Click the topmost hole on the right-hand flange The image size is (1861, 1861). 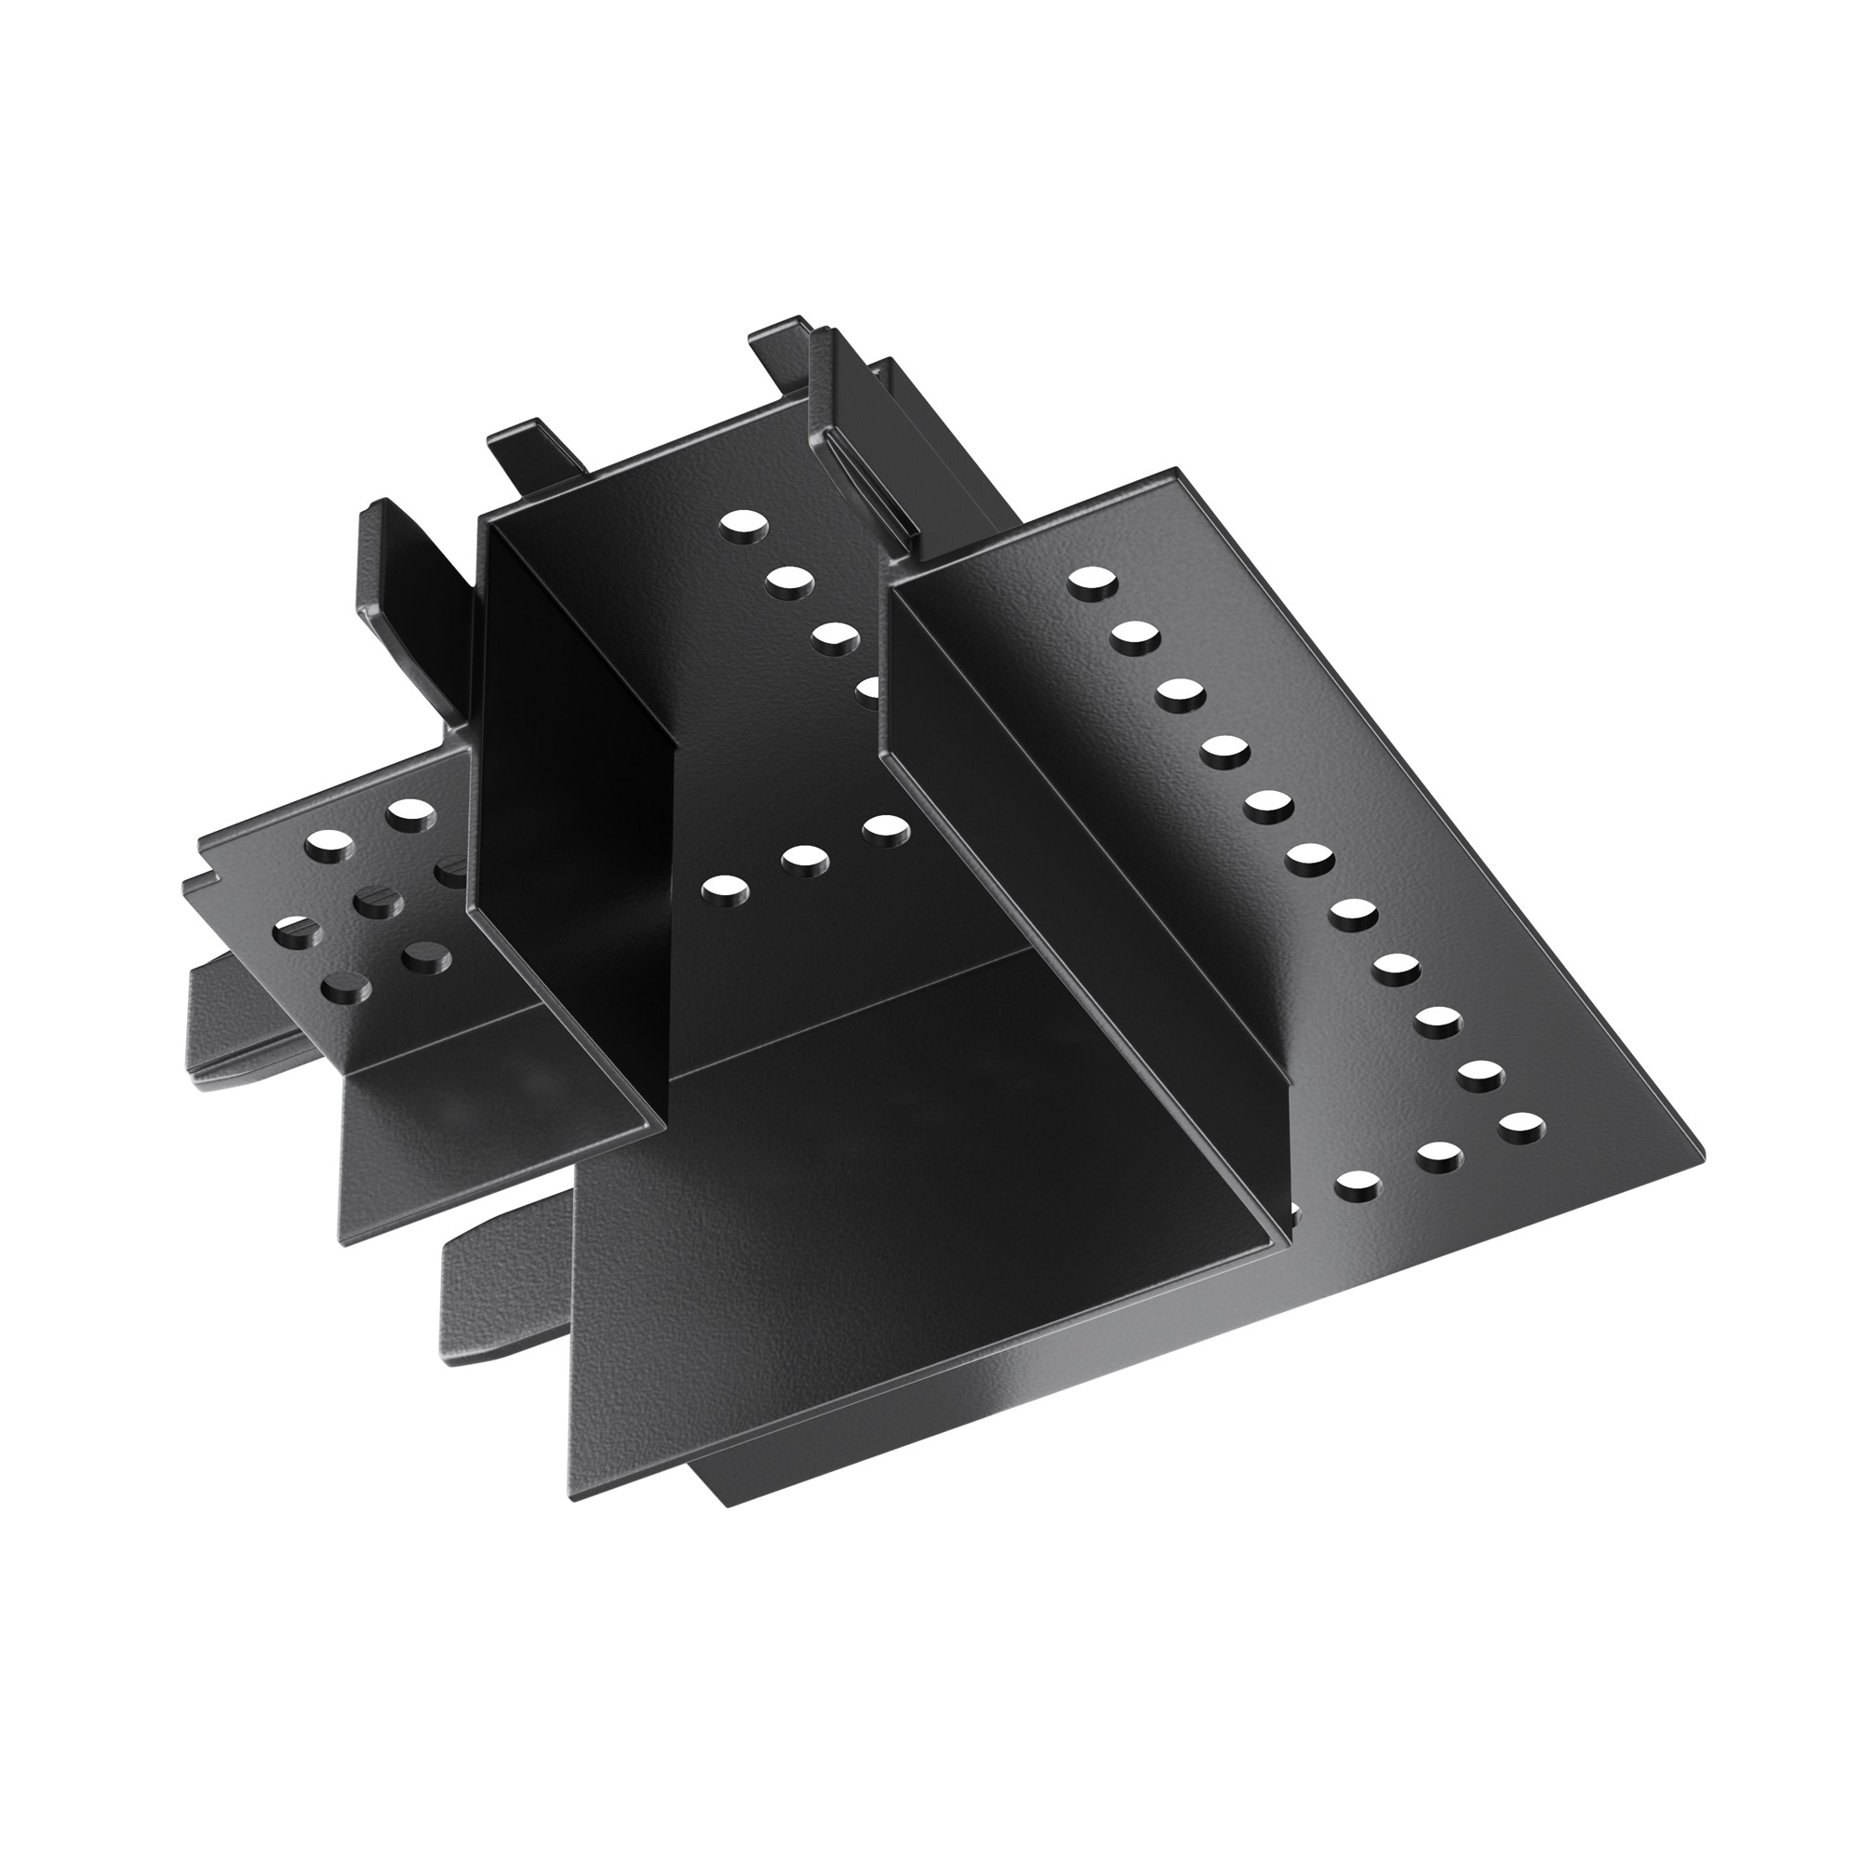point(1091,582)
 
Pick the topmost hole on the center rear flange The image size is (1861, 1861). point(745,526)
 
